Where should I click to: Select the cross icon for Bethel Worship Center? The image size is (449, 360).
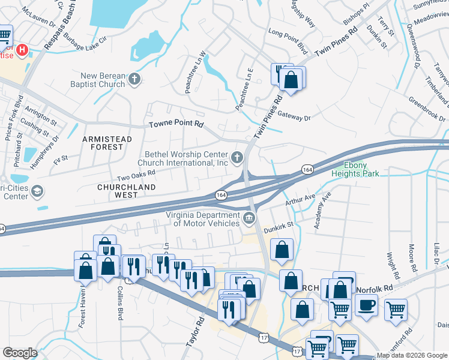pyautogui.click(x=238, y=158)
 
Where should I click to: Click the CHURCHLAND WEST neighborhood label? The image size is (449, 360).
pyautogui.click(x=127, y=191)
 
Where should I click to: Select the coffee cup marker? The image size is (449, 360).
pyautogui.click(x=366, y=304)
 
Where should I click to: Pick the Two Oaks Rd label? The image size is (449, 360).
pyautogui.click(x=136, y=174)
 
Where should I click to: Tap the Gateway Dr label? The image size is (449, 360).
pyautogui.click(x=294, y=118)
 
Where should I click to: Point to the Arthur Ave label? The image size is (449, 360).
pyautogui.click(x=301, y=198)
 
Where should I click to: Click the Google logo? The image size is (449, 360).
pyautogui.click(x=20, y=353)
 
